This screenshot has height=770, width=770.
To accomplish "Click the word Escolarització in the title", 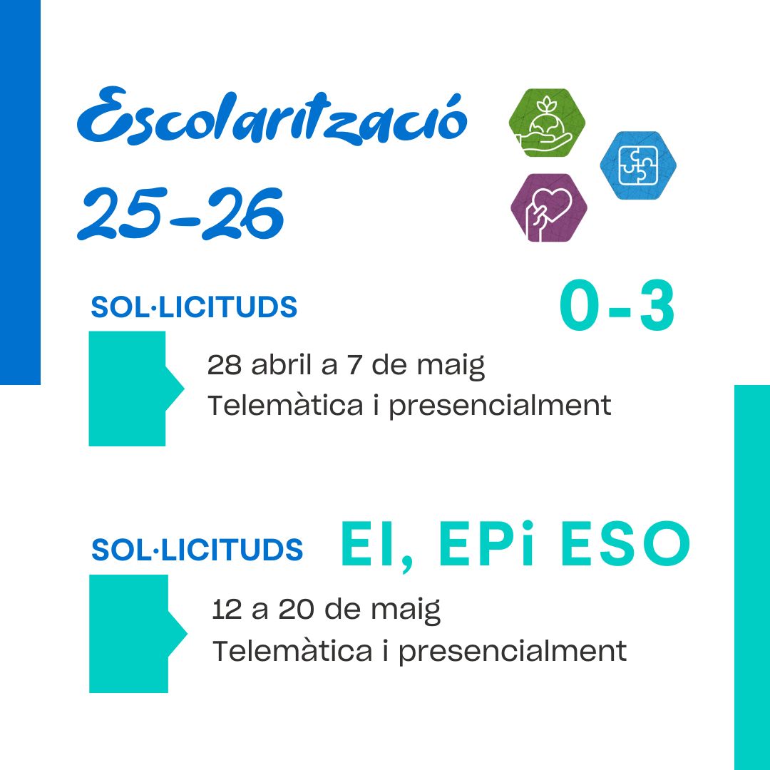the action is pos(272,116).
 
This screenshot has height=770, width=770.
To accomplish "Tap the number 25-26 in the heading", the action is pos(180,214).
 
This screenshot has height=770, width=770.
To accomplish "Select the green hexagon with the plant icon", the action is pos(547,123).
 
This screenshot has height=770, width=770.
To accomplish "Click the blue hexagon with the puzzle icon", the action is pos(638,165).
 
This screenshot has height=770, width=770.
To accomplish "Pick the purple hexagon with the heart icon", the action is pos(549,207).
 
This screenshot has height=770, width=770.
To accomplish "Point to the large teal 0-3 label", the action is pos(617,305).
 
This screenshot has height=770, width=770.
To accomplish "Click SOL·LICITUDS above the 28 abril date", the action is pos(194,307).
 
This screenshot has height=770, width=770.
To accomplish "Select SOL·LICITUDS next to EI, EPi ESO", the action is pos(197,549).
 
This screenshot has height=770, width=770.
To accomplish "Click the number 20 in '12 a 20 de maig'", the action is pos(296,610).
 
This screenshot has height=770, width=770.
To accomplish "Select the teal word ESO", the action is pos(626,543).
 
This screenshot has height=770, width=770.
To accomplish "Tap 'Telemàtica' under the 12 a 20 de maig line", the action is pos(292,651).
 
